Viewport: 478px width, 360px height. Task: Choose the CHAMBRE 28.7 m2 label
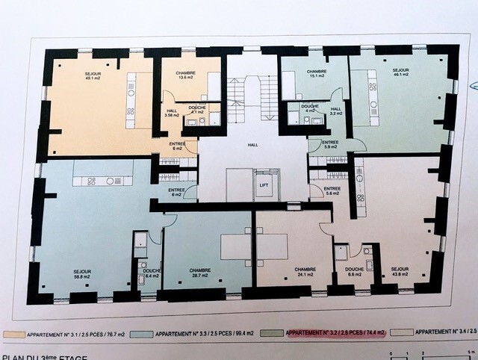point(200,273)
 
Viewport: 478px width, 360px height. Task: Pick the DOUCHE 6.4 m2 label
point(152,273)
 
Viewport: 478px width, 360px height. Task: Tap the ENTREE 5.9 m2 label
point(329,144)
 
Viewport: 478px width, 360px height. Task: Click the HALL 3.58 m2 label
point(172,114)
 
